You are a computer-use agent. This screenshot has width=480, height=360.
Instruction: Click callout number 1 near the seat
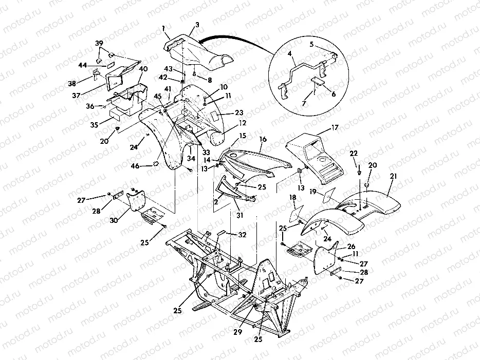click(x=163, y=27)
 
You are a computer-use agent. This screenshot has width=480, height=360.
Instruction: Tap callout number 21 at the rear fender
click(x=394, y=176)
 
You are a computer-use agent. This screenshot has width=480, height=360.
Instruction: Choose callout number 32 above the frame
click(x=243, y=235)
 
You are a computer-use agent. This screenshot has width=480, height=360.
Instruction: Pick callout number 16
click(x=263, y=140)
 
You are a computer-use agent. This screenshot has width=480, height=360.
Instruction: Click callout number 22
click(x=354, y=154)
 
